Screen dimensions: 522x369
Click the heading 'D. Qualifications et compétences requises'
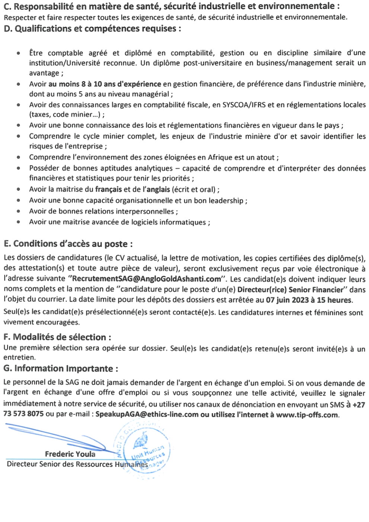pyautogui.click(x=92, y=29)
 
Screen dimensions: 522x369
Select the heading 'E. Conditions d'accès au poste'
pyautogui.click(x=68, y=244)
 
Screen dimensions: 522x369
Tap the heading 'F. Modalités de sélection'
pyautogui.click(x=57, y=337)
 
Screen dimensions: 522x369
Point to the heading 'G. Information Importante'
pyautogui.click(x=61, y=369)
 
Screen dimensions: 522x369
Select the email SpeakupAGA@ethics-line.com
pyautogui.click(x=147, y=414)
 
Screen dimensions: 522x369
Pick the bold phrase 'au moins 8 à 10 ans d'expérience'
pyautogui.click(x=105, y=84)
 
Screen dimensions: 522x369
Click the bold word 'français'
pyautogui.click(x=108, y=189)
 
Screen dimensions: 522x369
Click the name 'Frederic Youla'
pyautogui.click(x=70, y=454)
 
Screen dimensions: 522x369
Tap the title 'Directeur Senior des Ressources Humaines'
pyautogui.click(x=77, y=464)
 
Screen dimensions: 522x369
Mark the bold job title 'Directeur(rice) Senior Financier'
pyautogui.click(x=290, y=289)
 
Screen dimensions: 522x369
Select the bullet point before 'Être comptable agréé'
pyautogui.click(x=18, y=53)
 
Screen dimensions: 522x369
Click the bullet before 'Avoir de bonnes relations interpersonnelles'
pyautogui.click(x=18, y=211)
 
